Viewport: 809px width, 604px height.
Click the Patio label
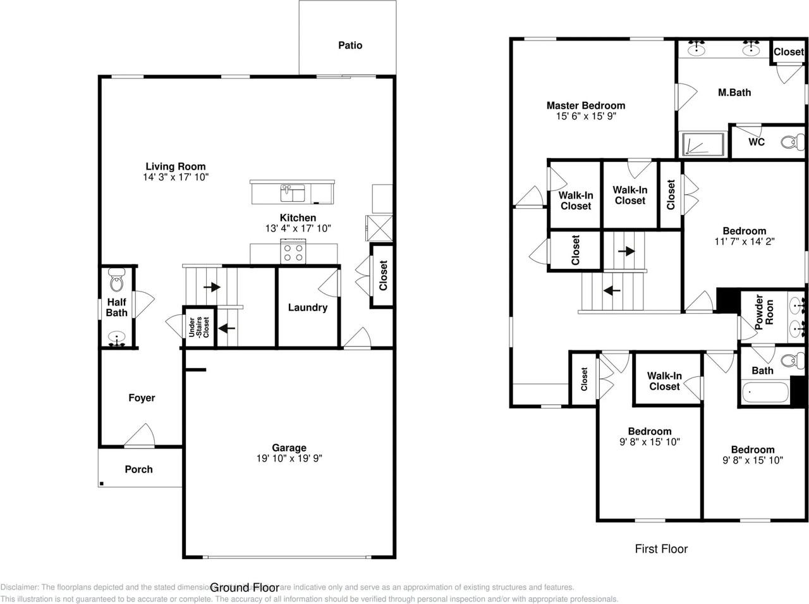click(x=350, y=46)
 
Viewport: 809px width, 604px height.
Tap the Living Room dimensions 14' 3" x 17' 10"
click(x=176, y=178)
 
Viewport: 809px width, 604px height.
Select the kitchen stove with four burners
click(x=293, y=252)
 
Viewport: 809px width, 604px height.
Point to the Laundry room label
click(x=307, y=307)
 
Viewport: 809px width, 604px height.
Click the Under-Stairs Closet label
click(x=198, y=328)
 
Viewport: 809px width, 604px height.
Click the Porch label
click(x=138, y=469)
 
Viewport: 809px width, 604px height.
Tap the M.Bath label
click(x=734, y=92)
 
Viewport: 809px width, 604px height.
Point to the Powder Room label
click(x=764, y=311)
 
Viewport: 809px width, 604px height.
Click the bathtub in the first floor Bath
click(x=765, y=393)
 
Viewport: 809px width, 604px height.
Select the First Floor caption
click(x=661, y=549)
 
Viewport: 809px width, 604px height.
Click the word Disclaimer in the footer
click(x=19, y=588)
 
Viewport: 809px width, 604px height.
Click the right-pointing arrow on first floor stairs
click(x=626, y=251)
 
